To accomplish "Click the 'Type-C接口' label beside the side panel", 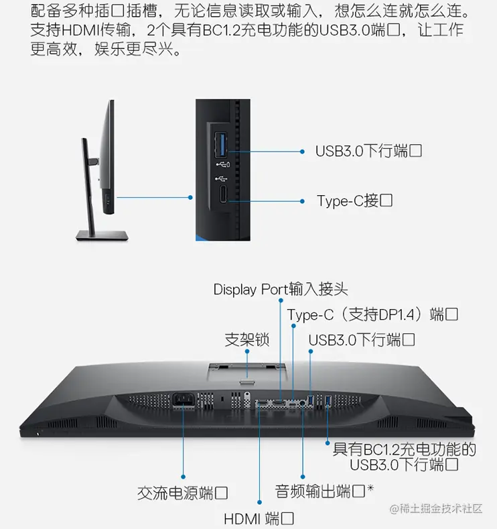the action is coord(354,201).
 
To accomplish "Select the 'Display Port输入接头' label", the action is coord(281,290).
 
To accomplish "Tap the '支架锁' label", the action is coord(246,340).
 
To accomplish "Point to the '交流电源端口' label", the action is coord(182,494).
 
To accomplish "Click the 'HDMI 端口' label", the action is coord(259,519).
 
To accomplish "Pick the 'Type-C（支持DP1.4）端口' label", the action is coord(372,314).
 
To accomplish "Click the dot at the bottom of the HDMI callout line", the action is coord(259,501).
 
